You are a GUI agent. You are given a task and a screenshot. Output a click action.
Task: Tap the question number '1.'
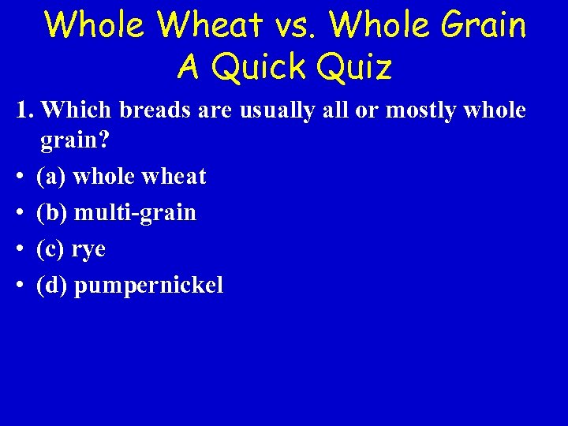tap(25, 110)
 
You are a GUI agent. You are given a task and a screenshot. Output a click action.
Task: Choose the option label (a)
tap(51, 177)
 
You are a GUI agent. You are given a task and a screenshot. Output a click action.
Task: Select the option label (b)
tap(52, 213)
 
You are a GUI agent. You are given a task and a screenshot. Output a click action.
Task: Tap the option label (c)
tap(51, 249)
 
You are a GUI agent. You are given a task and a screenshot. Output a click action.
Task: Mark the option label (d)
tap(52, 286)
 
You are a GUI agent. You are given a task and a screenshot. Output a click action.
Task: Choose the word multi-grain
tap(135, 213)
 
